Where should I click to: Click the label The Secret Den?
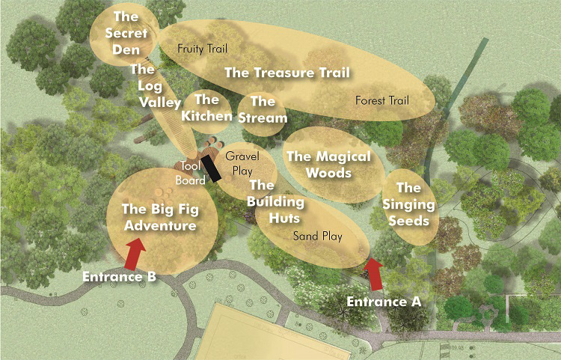pyautogui.click(x=122, y=33)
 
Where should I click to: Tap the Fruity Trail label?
pyautogui.click(x=202, y=48)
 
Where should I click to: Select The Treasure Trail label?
pyautogui.click(x=287, y=73)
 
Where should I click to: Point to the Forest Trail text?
pyautogui.click(x=382, y=100)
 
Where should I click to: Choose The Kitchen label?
pyautogui.click(x=207, y=108)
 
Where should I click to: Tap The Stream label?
pyautogui.click(x=263, y=109)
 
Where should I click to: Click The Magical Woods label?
pyautogui.click(x=328, y=165)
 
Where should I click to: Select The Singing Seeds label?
pyautogui.click(x=408, y=204)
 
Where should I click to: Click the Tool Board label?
pyautogui.click(x=190, y=172)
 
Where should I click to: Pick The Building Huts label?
pyautogui.click(x=275, y=201)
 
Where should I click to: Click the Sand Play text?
pyautogui.click(x=317, y=237)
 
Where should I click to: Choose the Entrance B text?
pyautogui.click(x=120, y=277)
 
